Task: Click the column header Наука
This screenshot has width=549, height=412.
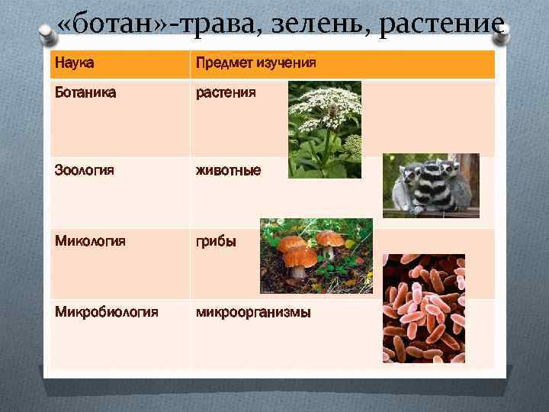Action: pyautogui.click(x=74, y=64)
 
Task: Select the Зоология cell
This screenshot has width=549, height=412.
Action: pyautogui.click(x=84, y=170)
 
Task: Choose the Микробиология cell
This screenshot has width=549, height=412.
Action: pyautogui.click(x=106, y=312)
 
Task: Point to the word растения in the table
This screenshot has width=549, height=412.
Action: pyautogui.click(x=226, y=93)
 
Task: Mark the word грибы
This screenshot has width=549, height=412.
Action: pyautogui.click(x=217, y=242)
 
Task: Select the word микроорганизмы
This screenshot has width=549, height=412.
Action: pyautogui.click(x=253, y=312)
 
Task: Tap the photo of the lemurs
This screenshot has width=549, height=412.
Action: pyautogui.click(x=431, y=185)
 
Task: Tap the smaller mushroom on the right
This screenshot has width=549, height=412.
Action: pyautogui.click(x=330, y=238)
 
